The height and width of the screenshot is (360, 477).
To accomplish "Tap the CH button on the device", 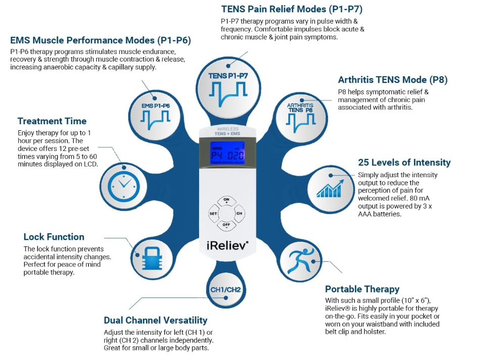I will click(x=240, y=214).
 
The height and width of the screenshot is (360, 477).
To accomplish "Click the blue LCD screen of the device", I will click(x=227, y=155).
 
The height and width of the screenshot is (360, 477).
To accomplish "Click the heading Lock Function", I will click(x=54, y=237).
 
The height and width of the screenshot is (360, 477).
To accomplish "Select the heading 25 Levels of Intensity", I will click(x=404, y=163).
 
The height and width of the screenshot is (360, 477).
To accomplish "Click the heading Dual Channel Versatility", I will click(x=155, y=320).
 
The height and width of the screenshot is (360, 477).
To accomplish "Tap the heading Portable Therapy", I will click(x=362, y=289).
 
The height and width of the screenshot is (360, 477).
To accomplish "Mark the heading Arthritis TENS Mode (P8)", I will click(x=393, y=80).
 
